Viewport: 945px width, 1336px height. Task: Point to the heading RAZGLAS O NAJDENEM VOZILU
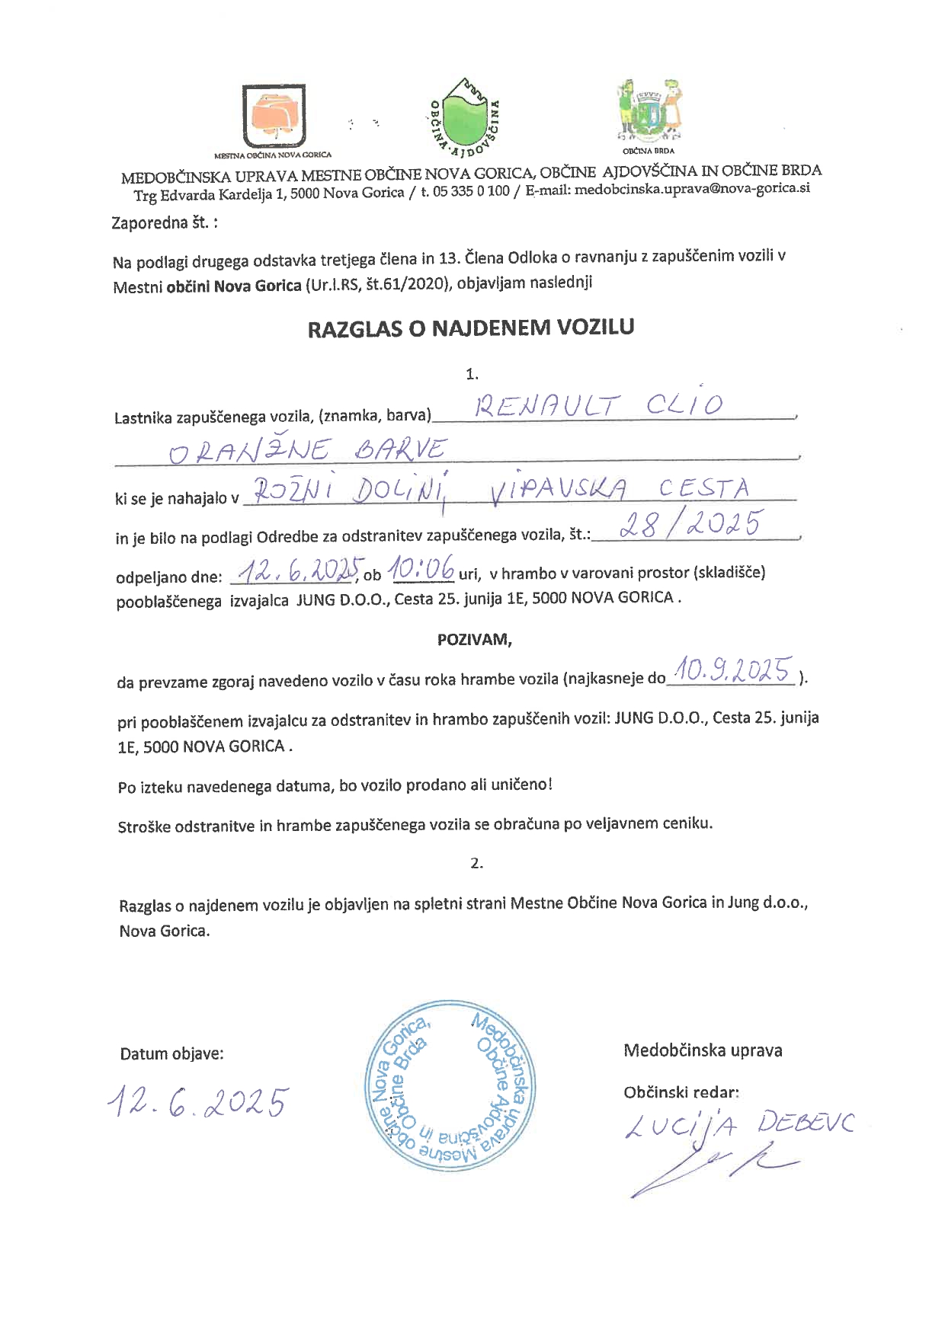(x=471, y=328)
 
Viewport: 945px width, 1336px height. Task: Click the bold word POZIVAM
(x=474, y=639)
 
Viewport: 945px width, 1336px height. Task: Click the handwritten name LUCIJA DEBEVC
(x=738, y=1127)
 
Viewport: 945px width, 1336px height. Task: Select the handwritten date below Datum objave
(x=198, y=1102)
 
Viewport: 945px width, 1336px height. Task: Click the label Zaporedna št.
(x=165, y=224)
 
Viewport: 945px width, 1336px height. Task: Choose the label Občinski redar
(x=681, y=1091)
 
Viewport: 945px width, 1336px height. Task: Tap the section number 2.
(x=477, y=863)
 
